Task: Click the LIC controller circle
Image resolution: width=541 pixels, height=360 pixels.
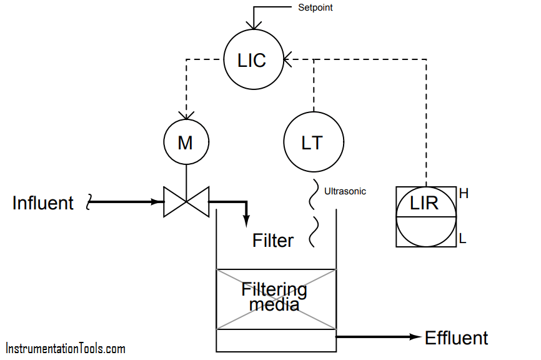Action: pos(253,60)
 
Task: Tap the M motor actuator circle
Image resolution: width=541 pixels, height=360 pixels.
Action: pos(186,142)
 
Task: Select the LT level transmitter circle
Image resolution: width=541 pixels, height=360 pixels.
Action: pos(313,142)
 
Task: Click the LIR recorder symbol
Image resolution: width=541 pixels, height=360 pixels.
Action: pos(425,216)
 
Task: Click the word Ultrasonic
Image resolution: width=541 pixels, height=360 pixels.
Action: pos(345,191)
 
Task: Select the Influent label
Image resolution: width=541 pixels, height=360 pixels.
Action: pos(43,203)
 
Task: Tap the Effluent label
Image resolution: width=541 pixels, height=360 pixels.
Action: pos(456,338)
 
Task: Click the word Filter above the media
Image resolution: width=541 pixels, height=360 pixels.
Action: pos(273,240)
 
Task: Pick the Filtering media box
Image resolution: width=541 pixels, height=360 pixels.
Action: pos(275,298)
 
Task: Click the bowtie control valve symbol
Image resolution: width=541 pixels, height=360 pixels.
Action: pos(186,202)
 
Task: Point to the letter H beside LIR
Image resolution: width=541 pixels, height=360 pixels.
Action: pos(464,194)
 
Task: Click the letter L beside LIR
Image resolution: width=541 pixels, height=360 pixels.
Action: pos(463,239)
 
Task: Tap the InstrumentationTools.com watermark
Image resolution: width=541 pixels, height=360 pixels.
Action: pos(66,349)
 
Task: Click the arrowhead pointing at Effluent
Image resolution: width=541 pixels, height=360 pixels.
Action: pos(415,337)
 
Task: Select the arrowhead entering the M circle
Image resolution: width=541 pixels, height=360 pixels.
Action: pos(186,116)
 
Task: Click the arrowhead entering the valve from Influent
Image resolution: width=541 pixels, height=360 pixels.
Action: pos(157,202)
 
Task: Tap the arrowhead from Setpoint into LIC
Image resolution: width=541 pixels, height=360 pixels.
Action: pos(253,25)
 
